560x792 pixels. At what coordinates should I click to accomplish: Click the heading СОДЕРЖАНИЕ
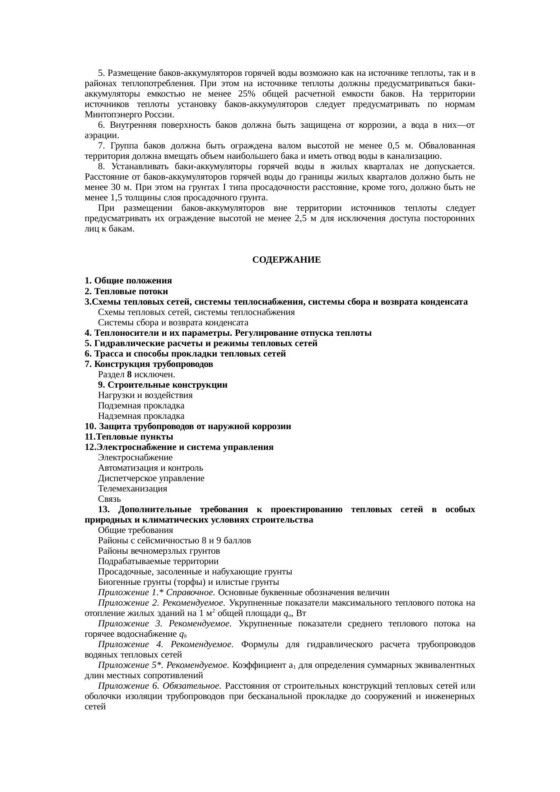tap(286, 260)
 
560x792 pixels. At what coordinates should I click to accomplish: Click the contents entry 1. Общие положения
tap(128, 281)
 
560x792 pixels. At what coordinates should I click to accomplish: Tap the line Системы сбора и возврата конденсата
tap(173, 323)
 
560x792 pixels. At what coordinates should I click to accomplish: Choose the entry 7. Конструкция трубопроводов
tap(149, 364)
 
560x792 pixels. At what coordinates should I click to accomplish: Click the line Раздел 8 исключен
tap(136, 375)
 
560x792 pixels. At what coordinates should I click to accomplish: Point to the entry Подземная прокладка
tap(141, 406)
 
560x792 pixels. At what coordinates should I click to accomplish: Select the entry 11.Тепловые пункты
tap(129, 437)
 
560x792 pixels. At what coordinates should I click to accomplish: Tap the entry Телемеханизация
tap(132, 489)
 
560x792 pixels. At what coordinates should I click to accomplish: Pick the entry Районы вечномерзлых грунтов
tap(159, 551)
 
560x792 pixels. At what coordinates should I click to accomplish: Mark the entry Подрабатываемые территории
tap(158, 561)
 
